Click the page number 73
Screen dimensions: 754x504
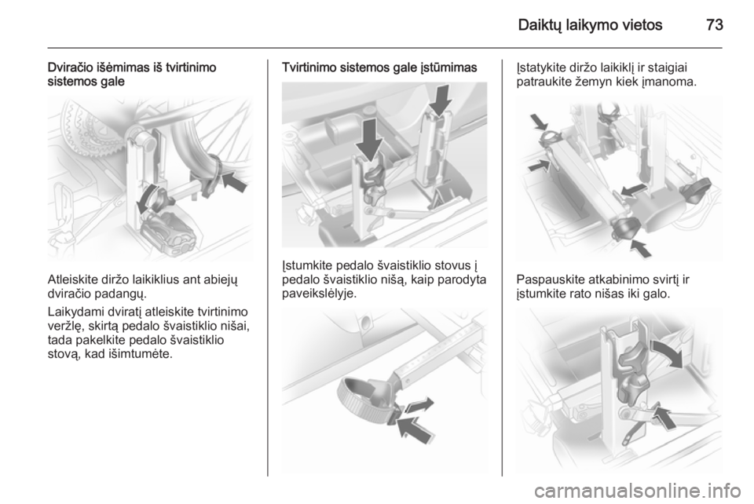click(x=715, y=24)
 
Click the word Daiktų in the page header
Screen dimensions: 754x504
click(x=540, y=25)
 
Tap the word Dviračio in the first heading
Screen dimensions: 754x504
click(x=69, y=68)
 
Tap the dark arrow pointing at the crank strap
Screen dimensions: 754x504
click(x=234, y=181)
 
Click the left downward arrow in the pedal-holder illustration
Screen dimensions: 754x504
click(x=370, y=140)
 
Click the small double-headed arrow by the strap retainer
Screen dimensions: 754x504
click(x=419, y=406)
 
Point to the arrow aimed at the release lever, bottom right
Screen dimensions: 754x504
click(x=664, y=417)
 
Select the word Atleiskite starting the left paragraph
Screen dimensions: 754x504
click(x=72, y=279)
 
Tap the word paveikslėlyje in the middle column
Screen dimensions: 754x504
click(x=320, y=294)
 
